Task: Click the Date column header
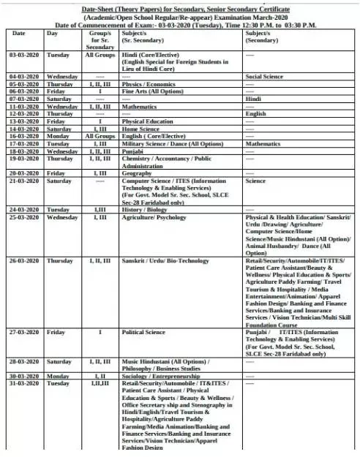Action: tap(19, 34)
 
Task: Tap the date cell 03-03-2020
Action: tap(23, 55)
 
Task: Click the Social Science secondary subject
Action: tap(265, 76)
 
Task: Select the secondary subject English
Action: tap(256, 113)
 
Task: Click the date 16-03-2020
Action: tap(23, 136)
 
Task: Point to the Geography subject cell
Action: tap(138, 173)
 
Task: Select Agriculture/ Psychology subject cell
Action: tap(154, 217)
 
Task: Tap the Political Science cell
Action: tap(146, 331)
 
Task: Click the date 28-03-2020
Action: tap(23, 361)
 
